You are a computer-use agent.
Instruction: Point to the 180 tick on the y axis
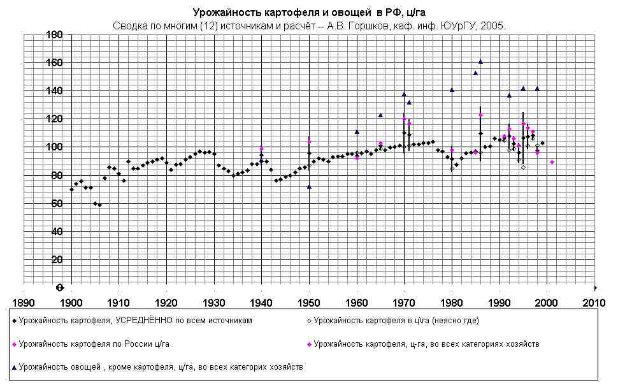[54, 35]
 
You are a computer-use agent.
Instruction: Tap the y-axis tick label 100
[54, 147]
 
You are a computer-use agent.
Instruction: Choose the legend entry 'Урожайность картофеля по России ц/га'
[94, 344]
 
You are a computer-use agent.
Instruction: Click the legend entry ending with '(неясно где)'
[396, 321]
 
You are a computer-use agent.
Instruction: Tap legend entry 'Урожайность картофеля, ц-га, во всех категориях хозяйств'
[426, 344]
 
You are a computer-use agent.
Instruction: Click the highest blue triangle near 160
[480, 62]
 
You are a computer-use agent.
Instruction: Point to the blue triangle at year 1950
[309, 187]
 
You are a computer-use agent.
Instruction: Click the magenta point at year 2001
[552, 162]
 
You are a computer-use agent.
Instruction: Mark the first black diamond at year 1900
[71, 189]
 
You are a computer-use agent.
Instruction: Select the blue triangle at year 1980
[452, 90]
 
